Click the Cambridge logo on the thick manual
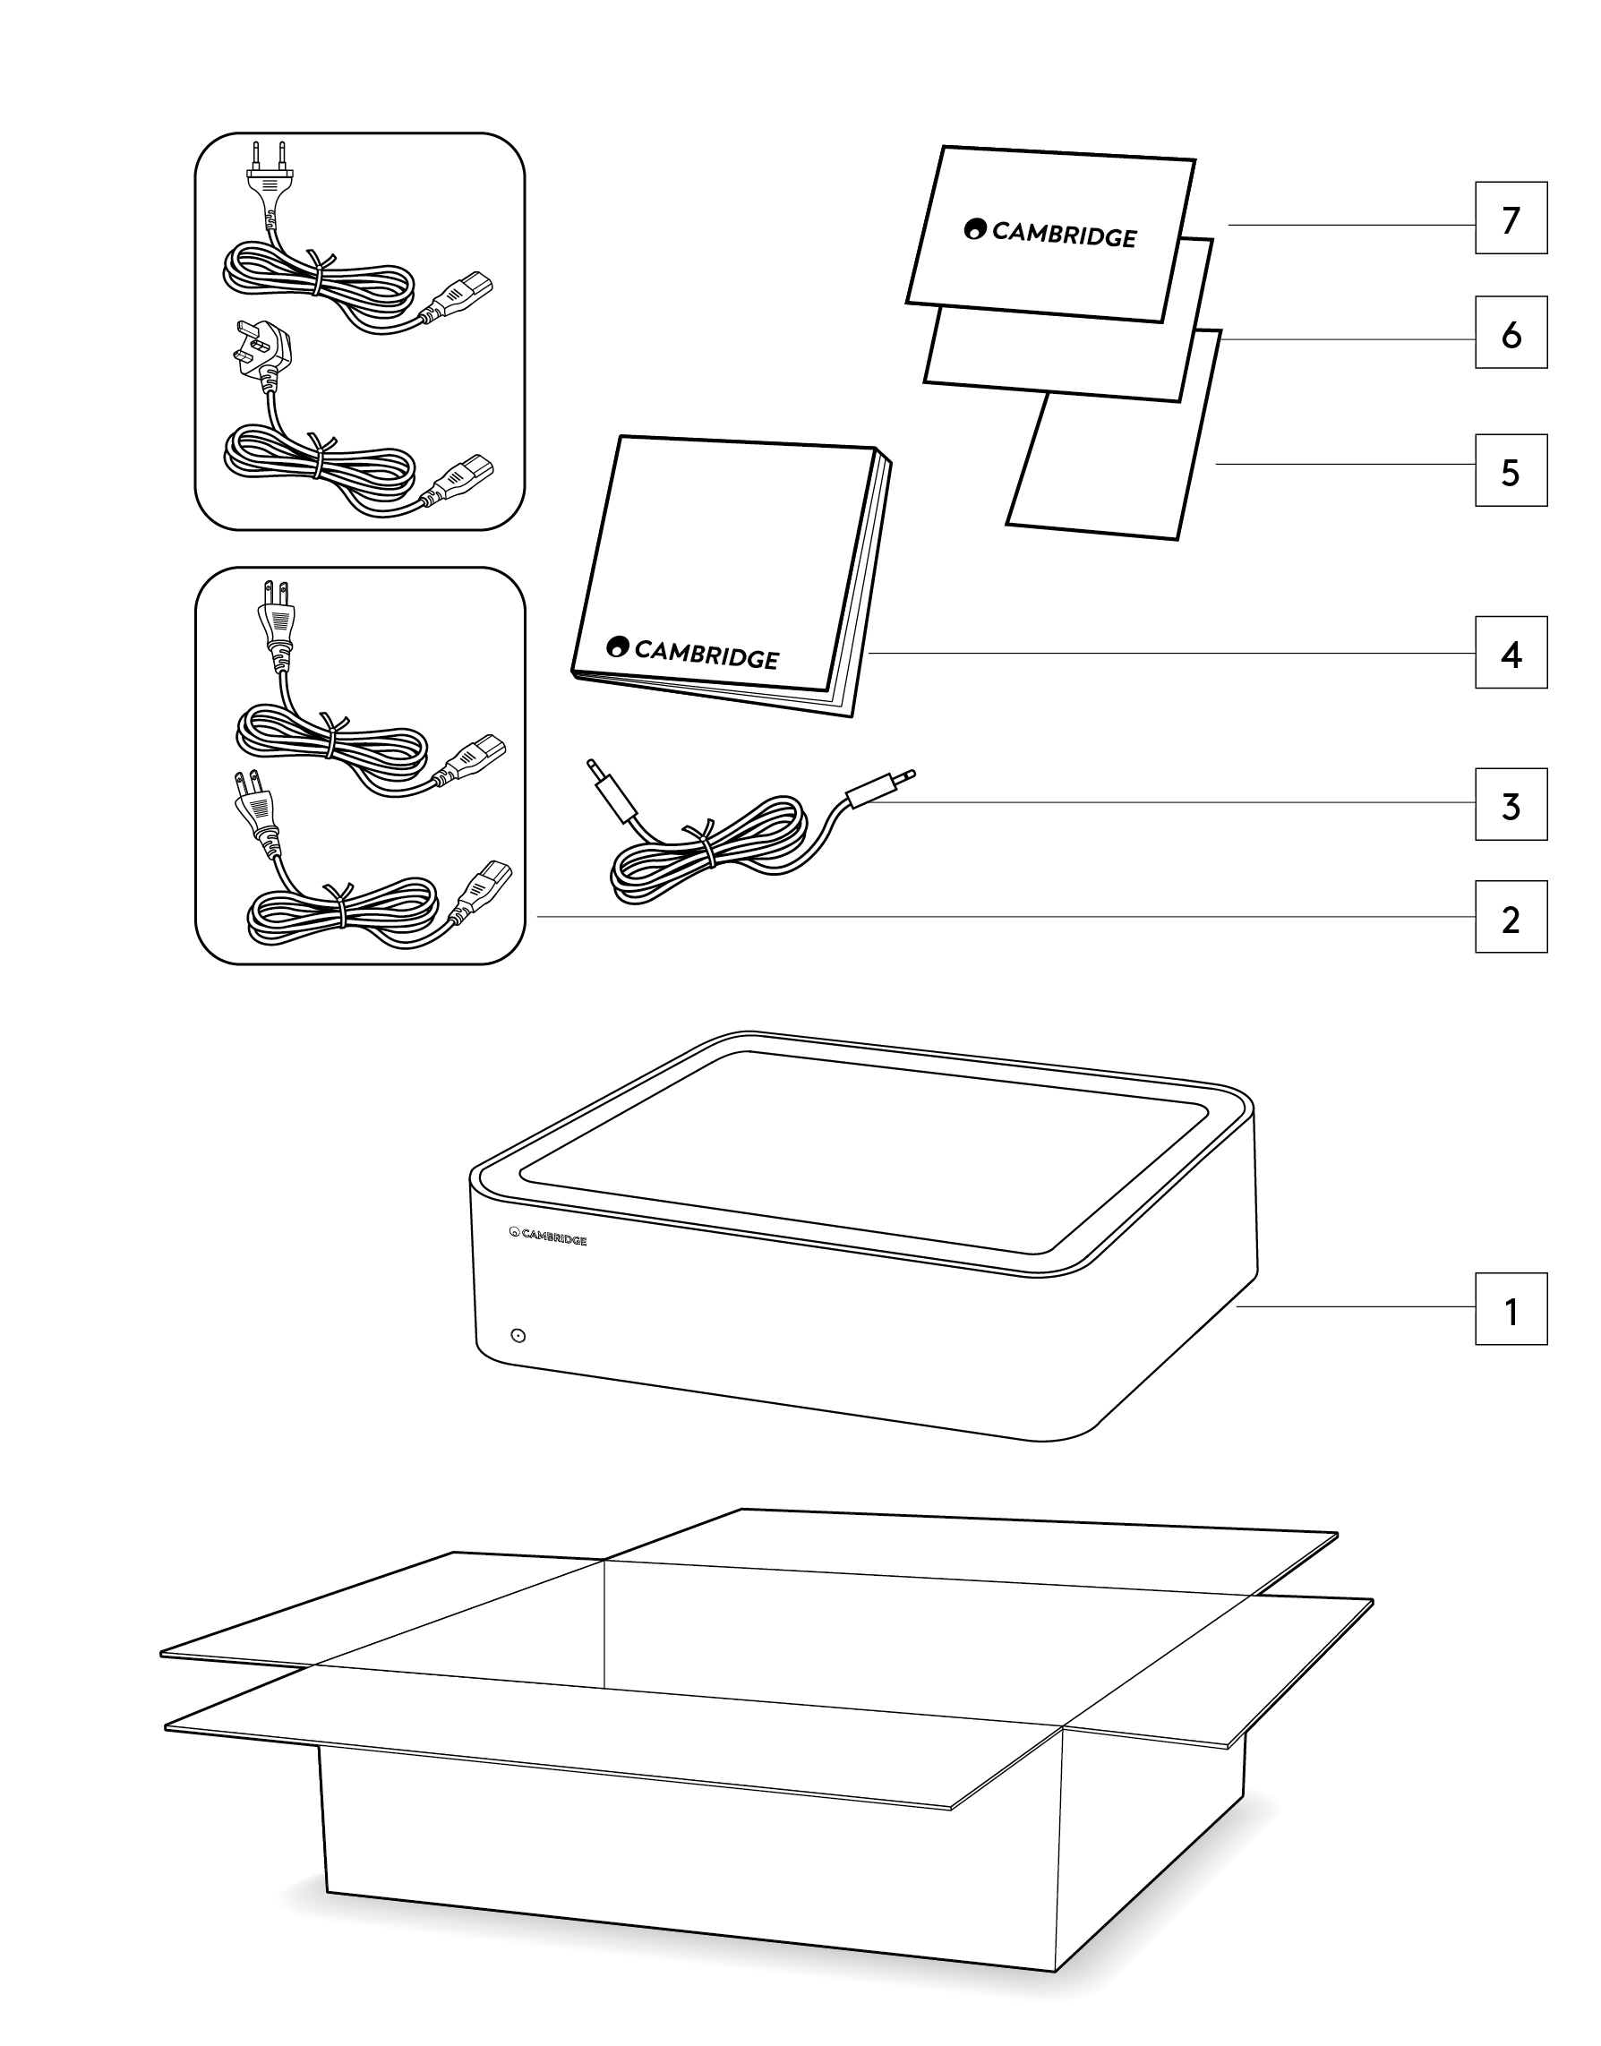point(693,653)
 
